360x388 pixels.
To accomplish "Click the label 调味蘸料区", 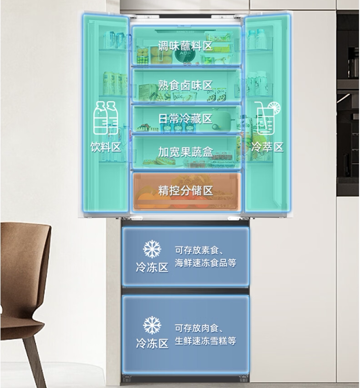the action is (x=185, y=46).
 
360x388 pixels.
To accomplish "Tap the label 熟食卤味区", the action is (x=185, y=86).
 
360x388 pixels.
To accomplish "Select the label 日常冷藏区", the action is (x=185, y=118).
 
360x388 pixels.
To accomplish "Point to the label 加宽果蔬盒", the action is (x=185, y=152).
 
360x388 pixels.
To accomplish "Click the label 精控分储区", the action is (x=185, y=190).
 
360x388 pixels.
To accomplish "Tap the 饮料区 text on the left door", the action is (x=106, y=147).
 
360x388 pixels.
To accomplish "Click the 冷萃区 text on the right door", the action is (x=267, y=147).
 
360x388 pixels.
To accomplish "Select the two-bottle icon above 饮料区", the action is (x=106, y=118).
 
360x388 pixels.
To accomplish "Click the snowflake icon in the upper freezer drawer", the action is (x=152, y=249).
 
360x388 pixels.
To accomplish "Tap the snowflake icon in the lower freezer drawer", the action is (x=152, y=325).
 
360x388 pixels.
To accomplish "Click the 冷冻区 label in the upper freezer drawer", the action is (x=152, y=267).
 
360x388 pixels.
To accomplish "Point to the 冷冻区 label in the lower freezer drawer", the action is (x=152, y=343).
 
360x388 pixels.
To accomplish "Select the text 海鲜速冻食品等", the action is (x=205, y=263).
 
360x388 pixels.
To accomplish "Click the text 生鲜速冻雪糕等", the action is (x=205, y=341).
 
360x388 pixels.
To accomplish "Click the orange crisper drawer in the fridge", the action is (x=185, y=199).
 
